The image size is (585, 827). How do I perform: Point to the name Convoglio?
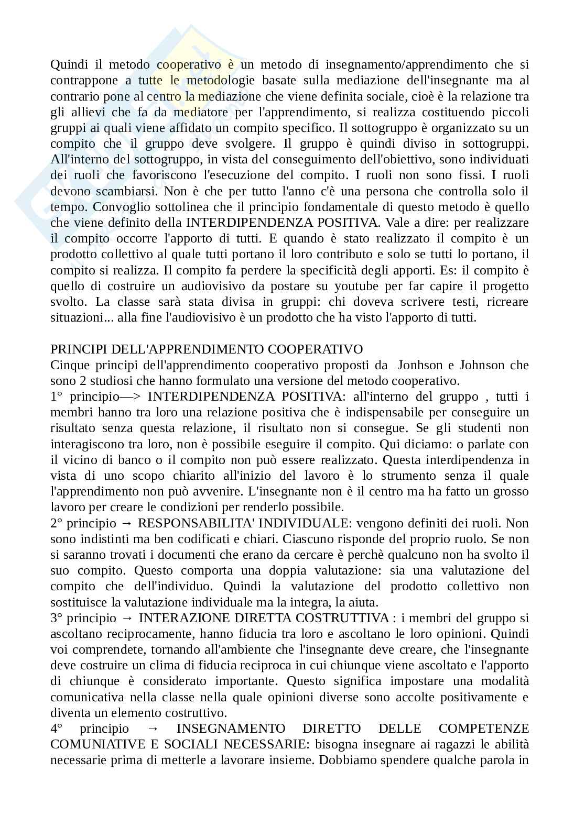click(122, 207)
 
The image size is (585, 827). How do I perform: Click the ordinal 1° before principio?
click(57, 397)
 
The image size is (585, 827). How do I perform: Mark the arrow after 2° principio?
click(127, 523)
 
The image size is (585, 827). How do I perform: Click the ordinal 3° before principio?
click(57, 618)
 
